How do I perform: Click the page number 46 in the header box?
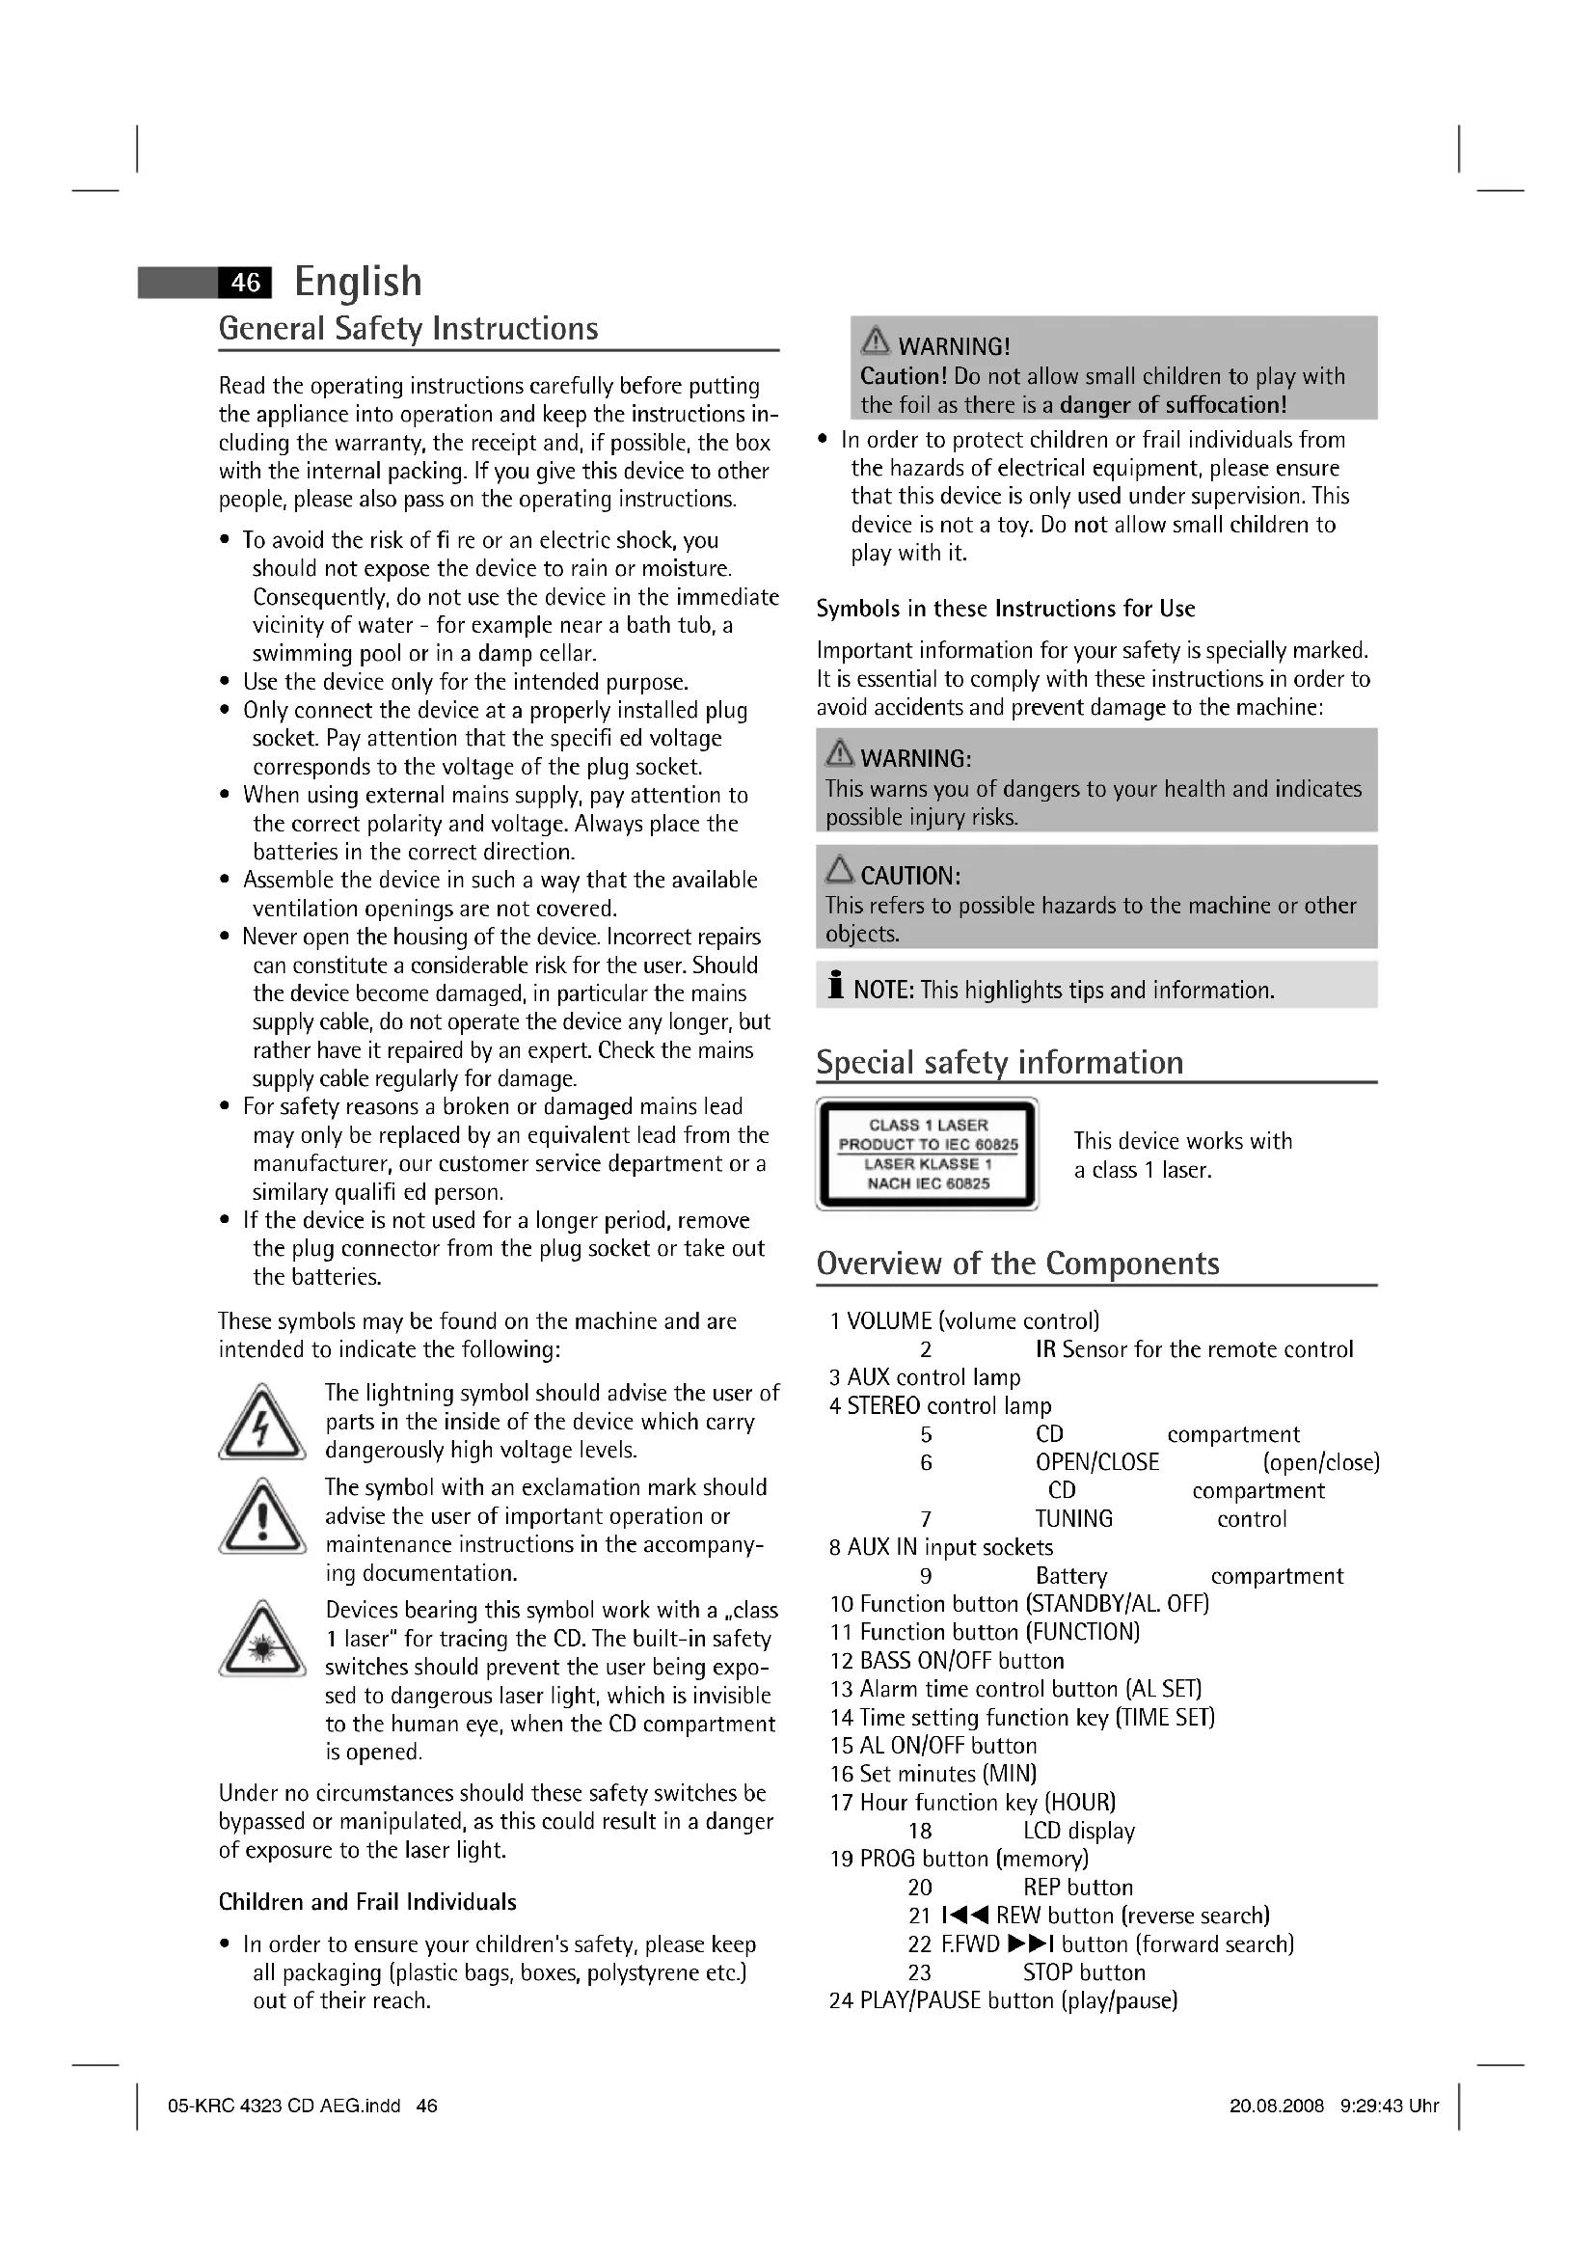[x=245, y=283]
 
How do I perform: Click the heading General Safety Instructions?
[x=408, y=328]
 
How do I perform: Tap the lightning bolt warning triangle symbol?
[x=261, y=1423]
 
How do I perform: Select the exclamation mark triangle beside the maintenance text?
[x=261, y=1519]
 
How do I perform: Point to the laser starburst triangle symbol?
[x=261, y=1642]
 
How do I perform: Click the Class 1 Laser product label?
[x=927, y=1154]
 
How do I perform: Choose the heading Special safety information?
[x=999, y=1062]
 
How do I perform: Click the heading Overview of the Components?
[x=1016, y=1264]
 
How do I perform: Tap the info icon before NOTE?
[x=836, y=985]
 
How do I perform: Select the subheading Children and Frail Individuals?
[x=367, y=1902]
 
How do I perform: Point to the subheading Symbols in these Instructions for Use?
[x=1005, y=610]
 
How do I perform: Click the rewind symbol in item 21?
[x=964, y=1916]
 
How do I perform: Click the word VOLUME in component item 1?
[x=889, y=1321]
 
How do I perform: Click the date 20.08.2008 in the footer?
[x=1276, y=2106]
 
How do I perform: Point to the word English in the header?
[x=358, y=282]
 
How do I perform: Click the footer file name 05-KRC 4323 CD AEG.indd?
[x=284, y=2106]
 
